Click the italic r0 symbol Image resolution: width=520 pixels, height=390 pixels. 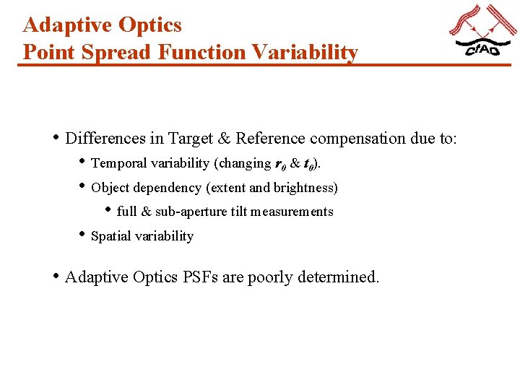[x=279, y=164]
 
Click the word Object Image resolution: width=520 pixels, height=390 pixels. [x=110, y=188]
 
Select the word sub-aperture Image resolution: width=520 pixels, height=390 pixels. [x=184, y=212]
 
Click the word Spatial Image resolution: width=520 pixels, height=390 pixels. [x=110, y=236]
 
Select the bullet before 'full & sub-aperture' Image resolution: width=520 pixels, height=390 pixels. [x=108, y=211]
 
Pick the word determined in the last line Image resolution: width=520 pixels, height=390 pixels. [x=337, y=277]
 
